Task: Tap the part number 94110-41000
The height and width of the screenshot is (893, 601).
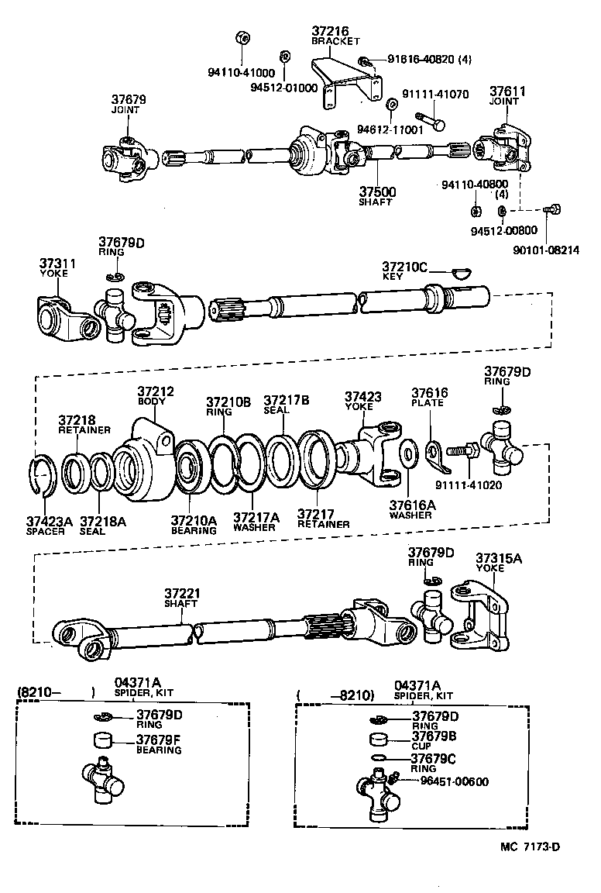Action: tap(236, 72)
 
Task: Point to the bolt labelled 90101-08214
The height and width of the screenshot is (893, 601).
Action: tap(551, 209)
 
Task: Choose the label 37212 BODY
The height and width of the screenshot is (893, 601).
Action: tap(156, 392)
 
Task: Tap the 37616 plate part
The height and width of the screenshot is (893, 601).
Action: tap(438, 456)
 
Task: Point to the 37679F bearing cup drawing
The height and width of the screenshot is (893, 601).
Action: tap(103, 738)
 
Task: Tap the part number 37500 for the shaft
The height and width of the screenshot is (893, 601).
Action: tap(376, 191)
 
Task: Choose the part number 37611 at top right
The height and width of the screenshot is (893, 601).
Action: tap(507, 91)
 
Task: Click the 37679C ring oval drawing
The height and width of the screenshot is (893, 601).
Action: tap(379, 757)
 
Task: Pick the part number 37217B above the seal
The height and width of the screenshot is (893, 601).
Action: tap(287, 400)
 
